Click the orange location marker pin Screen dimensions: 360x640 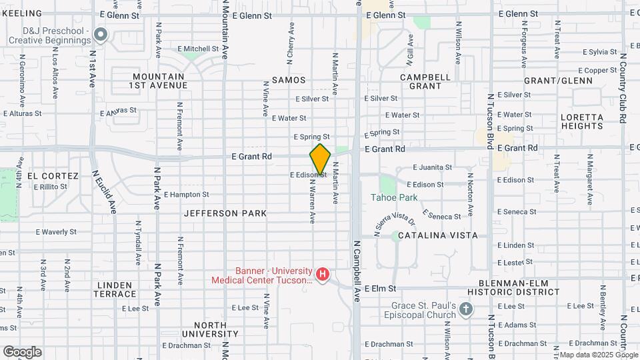[320, 159]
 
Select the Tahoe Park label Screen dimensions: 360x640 [394, 197]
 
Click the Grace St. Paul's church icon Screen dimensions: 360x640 [466, 309]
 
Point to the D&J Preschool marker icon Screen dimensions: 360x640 [101, 33]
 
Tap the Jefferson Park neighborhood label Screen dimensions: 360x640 [225, 213]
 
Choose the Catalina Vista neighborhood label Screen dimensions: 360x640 [437, 235]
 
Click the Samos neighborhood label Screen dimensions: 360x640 [289, 80]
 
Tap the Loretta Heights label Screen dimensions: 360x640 [581, 121]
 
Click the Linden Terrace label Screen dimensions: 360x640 [115, 289]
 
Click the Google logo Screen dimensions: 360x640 [22, 351]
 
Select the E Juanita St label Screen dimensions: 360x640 [432, 167]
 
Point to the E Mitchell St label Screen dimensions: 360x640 [198, 49]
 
